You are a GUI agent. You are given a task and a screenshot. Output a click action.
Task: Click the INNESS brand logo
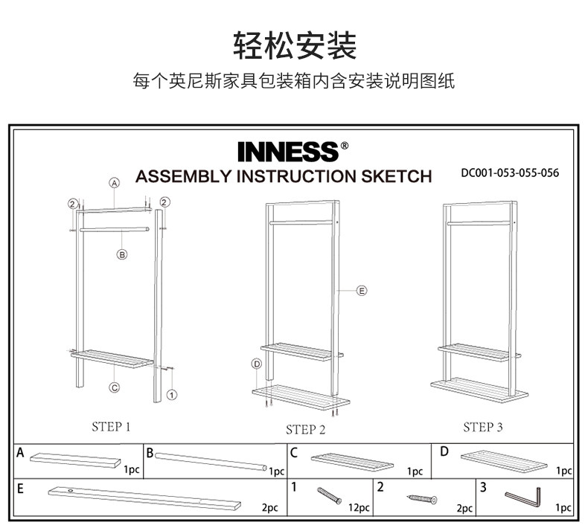289,151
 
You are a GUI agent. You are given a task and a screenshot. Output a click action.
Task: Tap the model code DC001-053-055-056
510,173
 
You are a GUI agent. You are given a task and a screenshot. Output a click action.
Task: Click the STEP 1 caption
111,427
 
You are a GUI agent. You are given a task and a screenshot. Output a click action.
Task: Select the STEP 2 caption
305,429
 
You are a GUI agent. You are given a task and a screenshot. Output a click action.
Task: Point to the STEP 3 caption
483,427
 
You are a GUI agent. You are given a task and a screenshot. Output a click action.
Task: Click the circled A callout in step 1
115,182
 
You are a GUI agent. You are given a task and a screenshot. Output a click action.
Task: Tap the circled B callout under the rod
123,254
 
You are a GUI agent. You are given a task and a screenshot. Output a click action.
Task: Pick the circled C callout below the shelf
115,387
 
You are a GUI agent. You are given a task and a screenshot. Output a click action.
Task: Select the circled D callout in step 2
257,364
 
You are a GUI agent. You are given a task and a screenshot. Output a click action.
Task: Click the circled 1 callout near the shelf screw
172,394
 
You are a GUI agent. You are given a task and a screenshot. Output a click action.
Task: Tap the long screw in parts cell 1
328,495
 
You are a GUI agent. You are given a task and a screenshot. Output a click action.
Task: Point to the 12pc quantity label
359,508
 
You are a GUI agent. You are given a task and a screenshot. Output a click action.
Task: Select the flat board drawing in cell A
74,460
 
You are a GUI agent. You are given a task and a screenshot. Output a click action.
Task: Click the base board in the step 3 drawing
479,388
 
